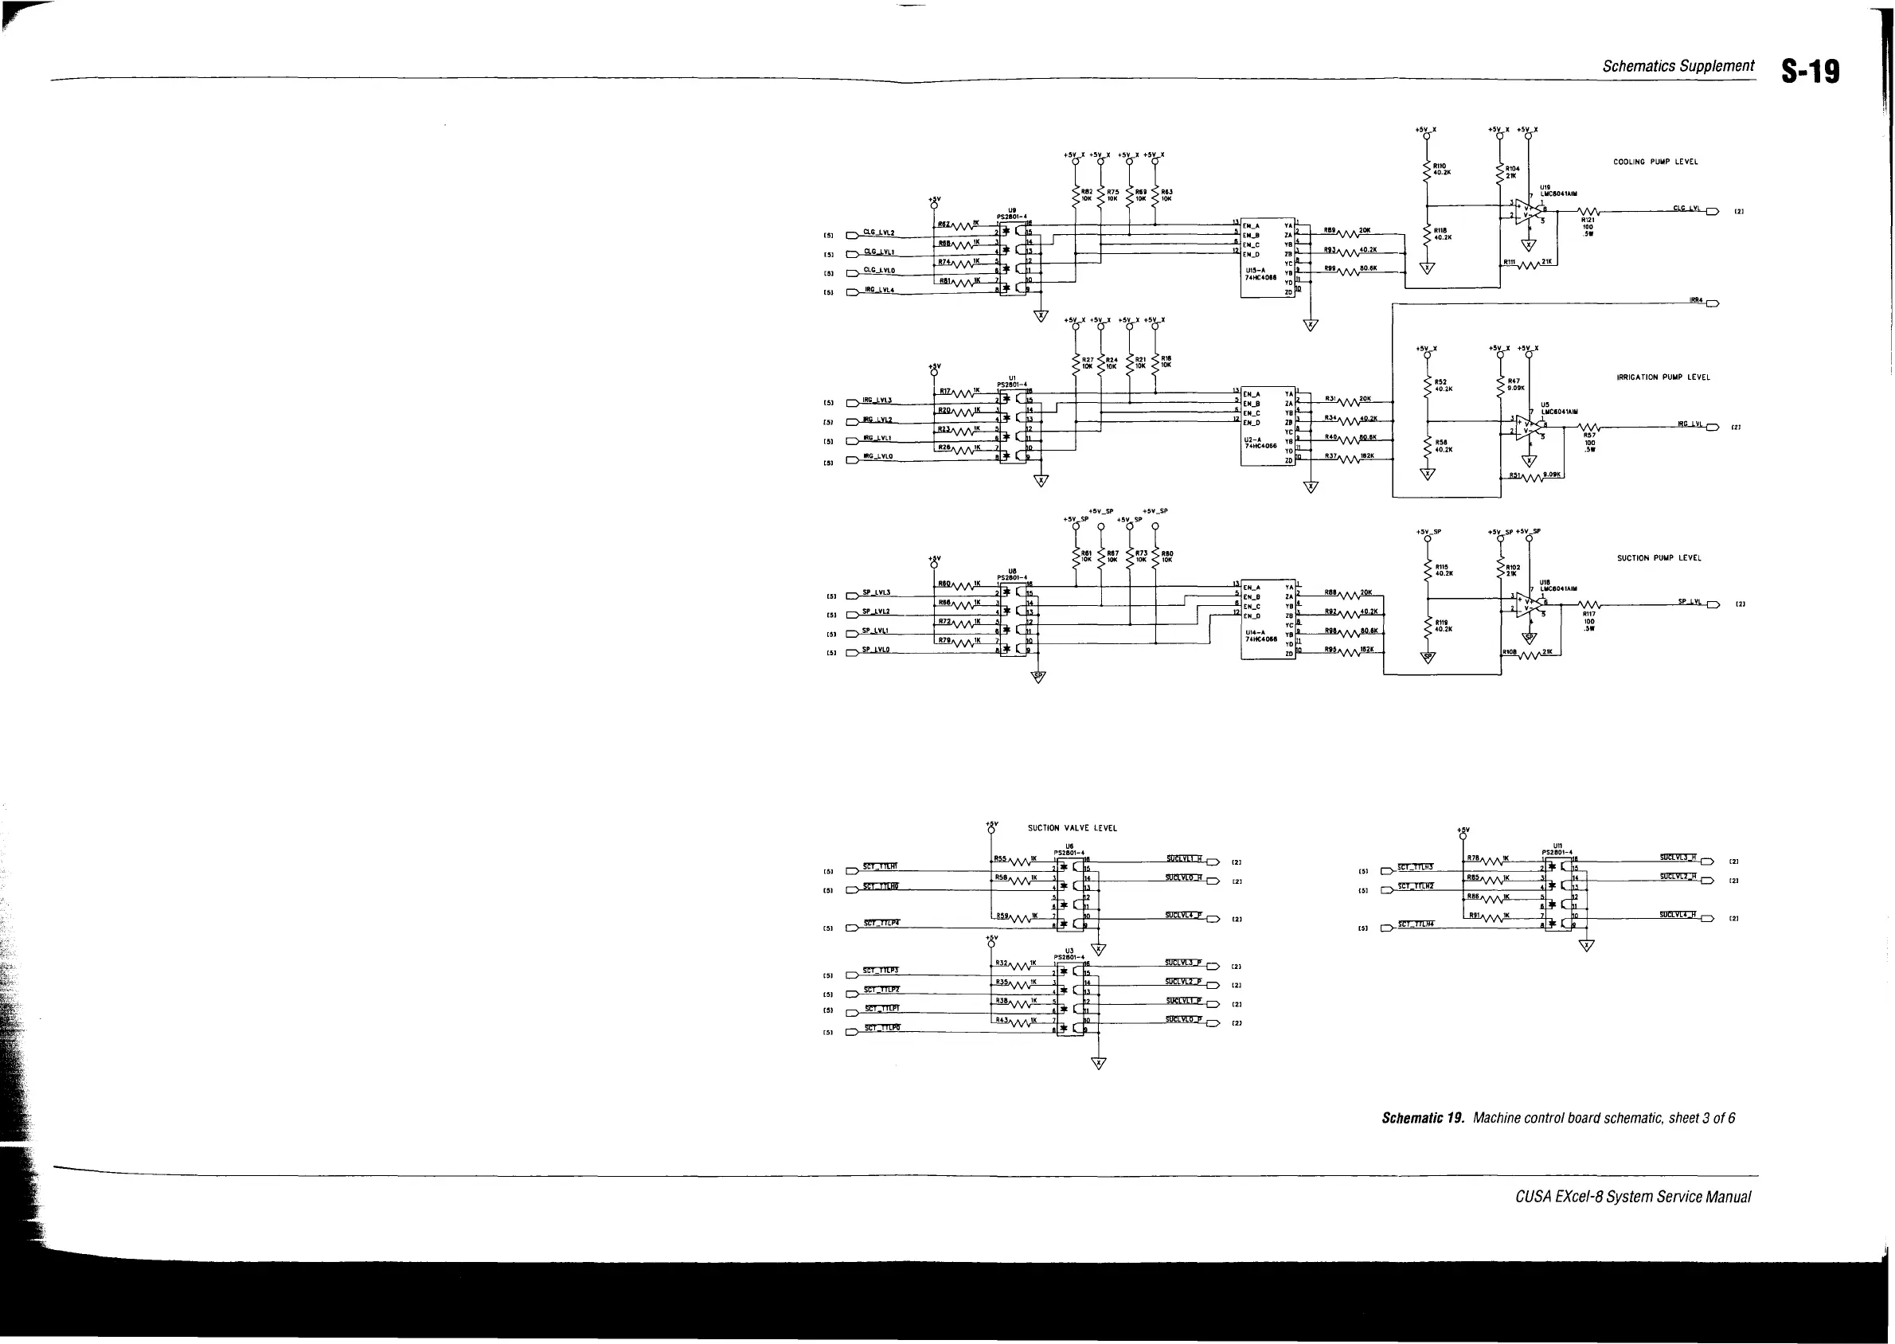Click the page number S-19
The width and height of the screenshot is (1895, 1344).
point(1811,72)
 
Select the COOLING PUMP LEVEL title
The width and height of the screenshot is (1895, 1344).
point(1655,162)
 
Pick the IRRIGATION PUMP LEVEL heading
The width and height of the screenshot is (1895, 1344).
point(1663,377)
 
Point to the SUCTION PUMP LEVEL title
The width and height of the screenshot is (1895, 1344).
point(1659,558)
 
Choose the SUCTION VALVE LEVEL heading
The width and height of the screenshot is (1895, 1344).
point(1072,827)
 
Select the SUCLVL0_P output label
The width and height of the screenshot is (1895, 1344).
point(1183,1019)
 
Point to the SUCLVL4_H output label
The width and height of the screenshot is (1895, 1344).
point(1678,915)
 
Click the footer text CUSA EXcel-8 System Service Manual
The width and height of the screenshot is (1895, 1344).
point(1633,1197)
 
